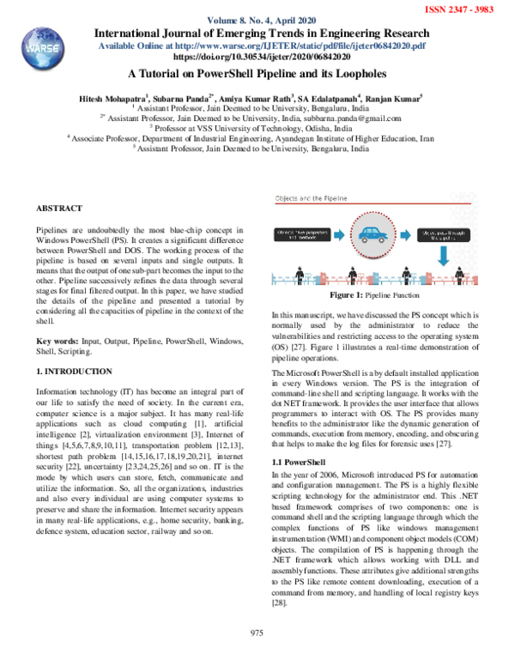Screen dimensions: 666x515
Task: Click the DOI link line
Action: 256,53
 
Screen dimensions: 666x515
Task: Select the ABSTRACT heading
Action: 58,209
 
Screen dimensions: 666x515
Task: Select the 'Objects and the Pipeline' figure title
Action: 309,198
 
